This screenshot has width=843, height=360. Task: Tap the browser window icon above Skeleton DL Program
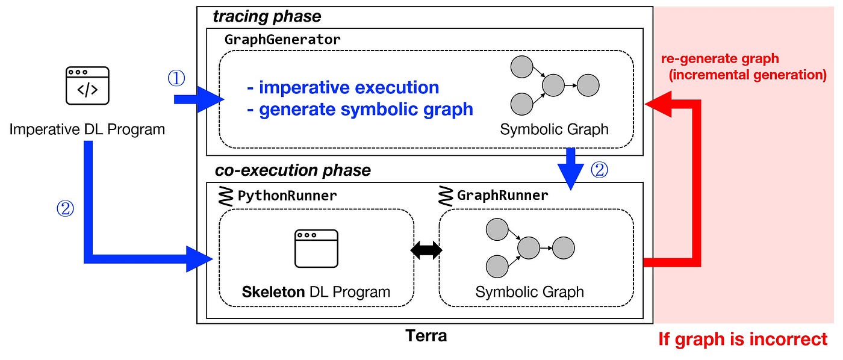click(x=316, y=248)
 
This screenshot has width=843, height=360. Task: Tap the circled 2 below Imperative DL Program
click(x=64, y=209)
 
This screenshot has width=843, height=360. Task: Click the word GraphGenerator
click(x=282, y=40)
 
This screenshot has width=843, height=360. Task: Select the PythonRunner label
click(x=287, y=195)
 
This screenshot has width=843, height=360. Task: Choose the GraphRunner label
click(x=503, y=195)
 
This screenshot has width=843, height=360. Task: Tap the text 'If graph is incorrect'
click(x=743, y=339)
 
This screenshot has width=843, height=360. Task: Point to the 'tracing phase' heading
click(x=267, y=16)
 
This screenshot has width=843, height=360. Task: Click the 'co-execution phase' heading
click(x=293, y=170)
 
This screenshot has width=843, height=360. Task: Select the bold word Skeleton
click(x=273, y=292)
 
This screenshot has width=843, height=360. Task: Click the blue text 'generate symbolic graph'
click(x=366, y=110)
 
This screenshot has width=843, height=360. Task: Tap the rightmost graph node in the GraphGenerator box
click(x=588, y=85)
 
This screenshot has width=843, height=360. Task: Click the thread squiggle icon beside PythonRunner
click(x=226, y=196)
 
